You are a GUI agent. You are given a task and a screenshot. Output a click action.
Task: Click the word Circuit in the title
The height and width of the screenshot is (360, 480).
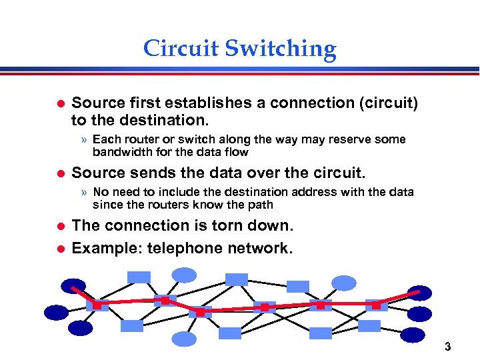coord(181,49)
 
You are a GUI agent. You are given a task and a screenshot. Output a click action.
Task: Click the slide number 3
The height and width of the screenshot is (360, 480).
coord(447,347)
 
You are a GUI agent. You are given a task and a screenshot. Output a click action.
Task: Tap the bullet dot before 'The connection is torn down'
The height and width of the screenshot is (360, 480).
coord(59,227)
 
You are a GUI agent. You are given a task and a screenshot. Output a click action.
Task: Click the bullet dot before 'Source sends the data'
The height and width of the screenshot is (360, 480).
coord(59,174)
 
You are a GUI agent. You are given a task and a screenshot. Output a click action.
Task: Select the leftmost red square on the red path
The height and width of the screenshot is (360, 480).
coord(97,305)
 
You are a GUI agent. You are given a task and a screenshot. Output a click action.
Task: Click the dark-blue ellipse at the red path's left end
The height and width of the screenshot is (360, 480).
coord(73,286)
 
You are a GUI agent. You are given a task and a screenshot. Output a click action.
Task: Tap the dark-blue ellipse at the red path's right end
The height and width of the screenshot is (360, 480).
coord(419,293)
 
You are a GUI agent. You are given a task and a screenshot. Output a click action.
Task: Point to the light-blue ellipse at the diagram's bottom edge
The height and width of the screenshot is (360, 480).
coord(184,339)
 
